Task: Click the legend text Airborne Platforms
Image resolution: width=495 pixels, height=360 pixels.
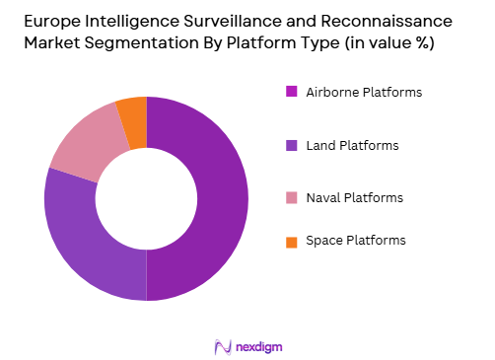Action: (364, 92)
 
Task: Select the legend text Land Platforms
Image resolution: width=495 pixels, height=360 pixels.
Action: (352, 145)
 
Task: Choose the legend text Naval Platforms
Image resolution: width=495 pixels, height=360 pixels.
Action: (355, 197)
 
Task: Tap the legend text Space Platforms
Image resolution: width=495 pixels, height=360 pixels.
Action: (355, 240)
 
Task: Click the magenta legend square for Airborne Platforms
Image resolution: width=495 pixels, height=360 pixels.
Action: (292, 92)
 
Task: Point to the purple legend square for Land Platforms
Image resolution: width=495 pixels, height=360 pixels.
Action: (292, 145)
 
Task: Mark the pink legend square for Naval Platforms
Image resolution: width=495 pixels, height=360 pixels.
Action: (292, 197)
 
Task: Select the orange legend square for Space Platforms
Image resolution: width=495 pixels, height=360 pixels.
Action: (292, 240)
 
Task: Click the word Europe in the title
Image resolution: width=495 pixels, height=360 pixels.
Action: (48, 20)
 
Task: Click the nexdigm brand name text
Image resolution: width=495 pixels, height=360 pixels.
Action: (259, 346)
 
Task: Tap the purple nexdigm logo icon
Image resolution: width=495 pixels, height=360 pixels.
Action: (222, 346)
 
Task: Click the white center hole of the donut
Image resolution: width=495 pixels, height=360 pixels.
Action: (146, 198)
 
